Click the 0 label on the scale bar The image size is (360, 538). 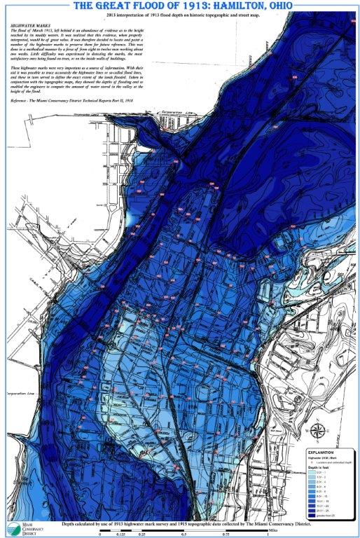click(x=100, y=534)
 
